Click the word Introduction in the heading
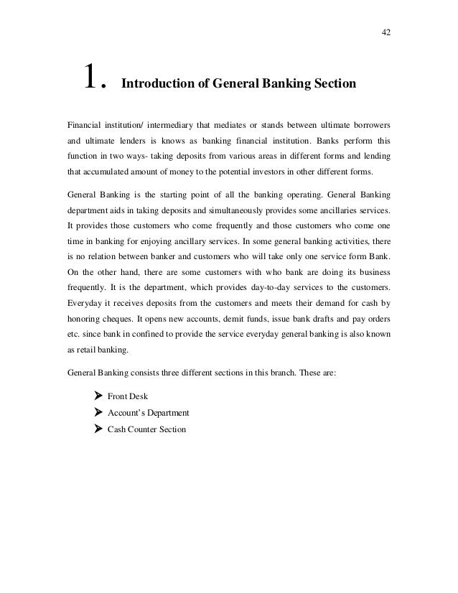point(156,85)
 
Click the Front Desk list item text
point(128,396)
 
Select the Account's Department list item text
point(148,413)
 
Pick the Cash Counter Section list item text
point(146,429)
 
